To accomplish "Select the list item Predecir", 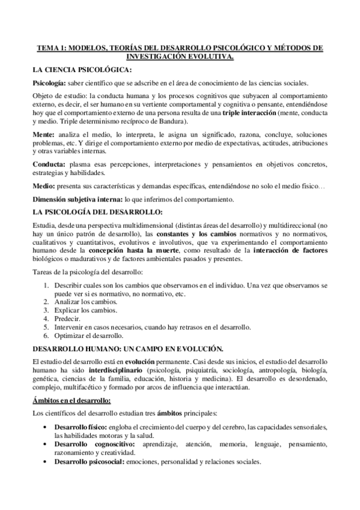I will coord(67,319).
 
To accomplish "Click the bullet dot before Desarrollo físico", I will coord(48,426).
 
